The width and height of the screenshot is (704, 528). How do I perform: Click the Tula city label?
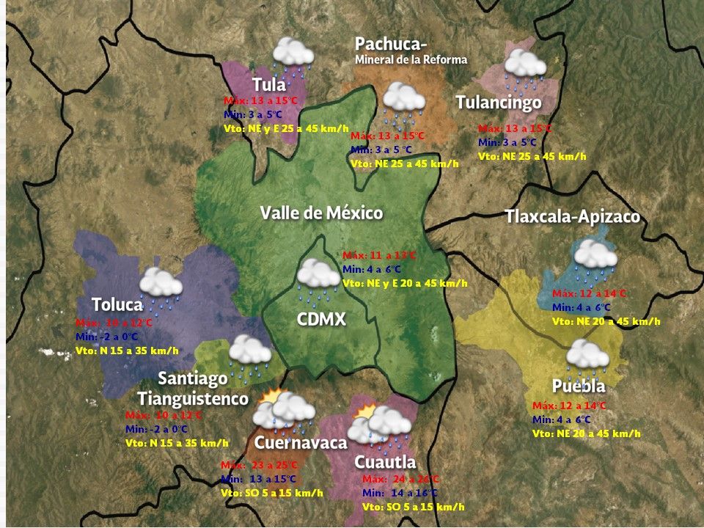pyautogui.click(x=268, y=84)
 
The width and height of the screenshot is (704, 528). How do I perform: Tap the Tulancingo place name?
pyautogui.click(x=498, y=103)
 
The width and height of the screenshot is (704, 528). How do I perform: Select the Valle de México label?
pyautogui.click(x=321, y=213)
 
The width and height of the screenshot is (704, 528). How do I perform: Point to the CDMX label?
pyautogui.click(x=320, y=320)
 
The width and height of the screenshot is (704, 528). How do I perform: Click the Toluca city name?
pyautogui.click(x=117, y=304)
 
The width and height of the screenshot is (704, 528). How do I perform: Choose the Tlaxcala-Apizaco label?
pyautogui.click(x=572, y=217)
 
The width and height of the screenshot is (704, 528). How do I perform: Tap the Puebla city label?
pyautogui.click(x=579, y=386)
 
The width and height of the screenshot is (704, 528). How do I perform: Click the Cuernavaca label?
pyautogui.click(x=300, y=443)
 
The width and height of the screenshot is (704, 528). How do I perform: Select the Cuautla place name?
pyautogui.click(x=385, y=462)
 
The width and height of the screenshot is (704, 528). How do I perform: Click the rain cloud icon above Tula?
pyautogui.click(x=293, y=56)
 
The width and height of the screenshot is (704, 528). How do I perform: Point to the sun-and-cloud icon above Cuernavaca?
pyautogui.click(x=282, y=411)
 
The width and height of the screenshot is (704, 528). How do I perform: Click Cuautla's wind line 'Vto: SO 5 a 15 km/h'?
pyautogui.click(x=413, y=507)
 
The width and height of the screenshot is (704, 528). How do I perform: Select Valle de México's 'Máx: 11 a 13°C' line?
pyautogui.click(x=379, y=255)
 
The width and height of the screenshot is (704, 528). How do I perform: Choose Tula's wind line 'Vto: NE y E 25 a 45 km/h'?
pyautogui.click(x=286, y=128)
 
